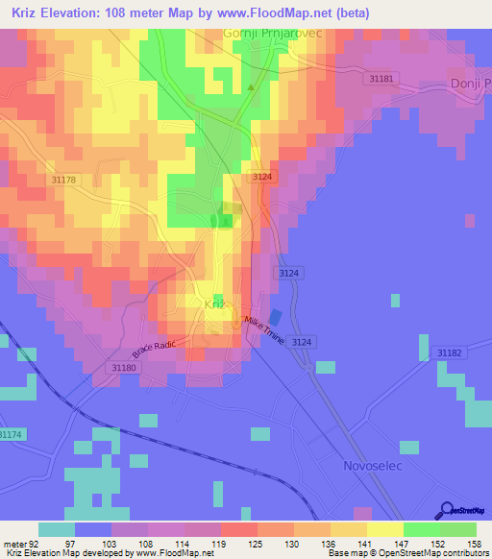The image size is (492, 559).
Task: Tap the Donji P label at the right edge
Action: pos(470,85)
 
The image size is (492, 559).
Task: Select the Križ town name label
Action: pos(216,304)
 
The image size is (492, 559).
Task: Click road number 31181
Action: pos(381,79)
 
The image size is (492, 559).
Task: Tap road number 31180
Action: pos(123,367)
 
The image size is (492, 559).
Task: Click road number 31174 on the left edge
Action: pos(10,435)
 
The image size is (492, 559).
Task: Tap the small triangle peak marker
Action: pos(252,87)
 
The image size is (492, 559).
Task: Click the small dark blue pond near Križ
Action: pos(276,317)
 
